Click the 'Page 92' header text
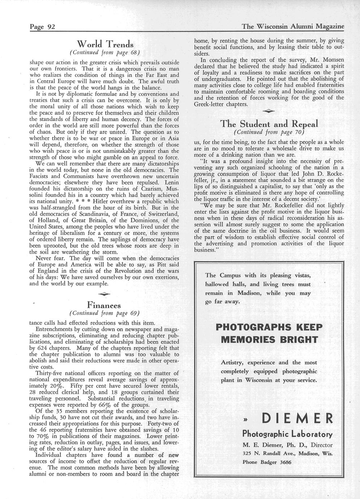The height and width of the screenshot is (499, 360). [42, 27]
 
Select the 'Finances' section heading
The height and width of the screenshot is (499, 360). [104, 304]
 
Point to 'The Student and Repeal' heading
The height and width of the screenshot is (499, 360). [269, 124]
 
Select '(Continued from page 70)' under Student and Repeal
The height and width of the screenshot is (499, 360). [269, 132]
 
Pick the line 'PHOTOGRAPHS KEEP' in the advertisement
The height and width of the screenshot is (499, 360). [268, 327]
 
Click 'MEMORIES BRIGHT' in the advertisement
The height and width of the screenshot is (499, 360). [269, 340]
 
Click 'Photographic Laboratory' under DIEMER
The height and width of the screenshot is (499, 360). [287, 434]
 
